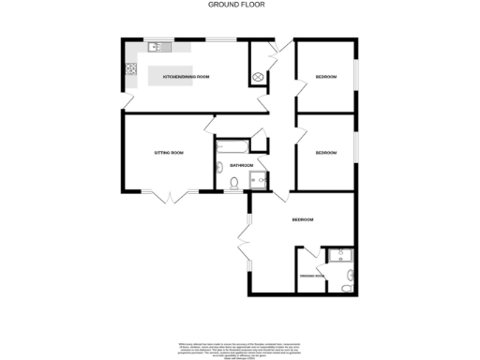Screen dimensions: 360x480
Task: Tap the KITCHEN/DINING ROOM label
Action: pyautogui.click(x=185, y=74)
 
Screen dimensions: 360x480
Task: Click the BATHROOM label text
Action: pyautogui.click(x=242, y=165)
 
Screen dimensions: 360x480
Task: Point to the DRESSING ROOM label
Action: pyautogui.click(x=311, y=276)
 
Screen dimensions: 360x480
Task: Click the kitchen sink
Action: pyautogui.click(x=156, y=46)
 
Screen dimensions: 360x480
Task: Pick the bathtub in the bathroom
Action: pyautogui.click(x=231, y=146)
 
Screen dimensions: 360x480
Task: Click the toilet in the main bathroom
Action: pyautogui.click(x=220, y=170)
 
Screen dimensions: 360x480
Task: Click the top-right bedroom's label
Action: pyautogui.click(x=325, y=76)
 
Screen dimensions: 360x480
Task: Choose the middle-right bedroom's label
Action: pyautogui.click(x=325, y=152)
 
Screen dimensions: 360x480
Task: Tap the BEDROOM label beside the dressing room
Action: pyautogui.click(x=302, y=219)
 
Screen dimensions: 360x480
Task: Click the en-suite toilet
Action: pyautogui.click(x=349, y=276)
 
